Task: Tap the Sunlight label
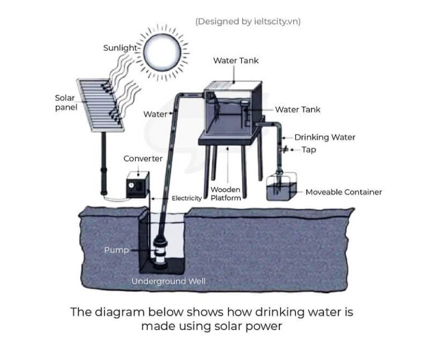pyautogui.click(x=120, y=48)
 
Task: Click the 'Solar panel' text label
pyautogui.click(x=65, y=103)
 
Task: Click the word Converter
pyautogui.click(x=143, y=159)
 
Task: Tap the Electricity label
pyautogui.click(x=187, y=198)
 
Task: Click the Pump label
pyautogui.click(x=116, y=250)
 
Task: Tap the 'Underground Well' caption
pyautogui.click(x=168, y=281)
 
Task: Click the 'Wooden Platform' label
pyautogui.click(x=226, y=194)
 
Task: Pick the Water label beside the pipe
pyautogui.click(x=155, y=114)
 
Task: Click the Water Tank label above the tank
pyautogui.click(x=236, y=60)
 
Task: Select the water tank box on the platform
pyautogui.click(x=232, y=109)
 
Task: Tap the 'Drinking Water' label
pyautogui.click(x=325, y=137)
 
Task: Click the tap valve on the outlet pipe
pyautogui.click(x=283, y=149)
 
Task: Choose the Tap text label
pyautogui.click(x=309, y=150)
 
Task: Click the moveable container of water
pyautogui.click(x=282, y=189)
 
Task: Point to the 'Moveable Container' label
pyautogui.click(x=344, y=192)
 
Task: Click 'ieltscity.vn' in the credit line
pyautogui.click(x=276, y=21)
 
